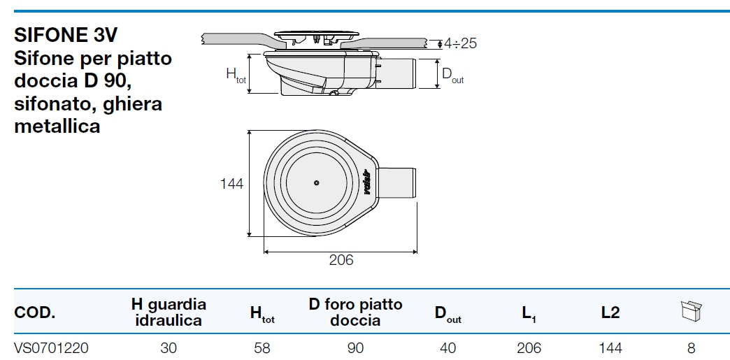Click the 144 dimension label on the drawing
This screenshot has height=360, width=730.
[231, 184]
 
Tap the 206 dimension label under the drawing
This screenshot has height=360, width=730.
[341, 260]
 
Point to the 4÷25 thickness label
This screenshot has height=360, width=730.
[460, 43]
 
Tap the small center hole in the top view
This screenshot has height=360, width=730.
[316, 183]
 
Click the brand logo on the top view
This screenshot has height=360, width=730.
[366, 183]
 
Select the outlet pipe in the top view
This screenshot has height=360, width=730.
[396, 183]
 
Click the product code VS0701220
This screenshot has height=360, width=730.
[51, 347]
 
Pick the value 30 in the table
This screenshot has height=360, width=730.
[169, 347]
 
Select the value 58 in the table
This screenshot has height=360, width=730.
[262, 347]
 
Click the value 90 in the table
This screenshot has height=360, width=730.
[355, 347]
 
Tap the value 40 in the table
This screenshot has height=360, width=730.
[448, 347]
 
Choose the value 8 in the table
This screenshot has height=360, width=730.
[690, 347]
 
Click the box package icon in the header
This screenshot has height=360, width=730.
[690, 312]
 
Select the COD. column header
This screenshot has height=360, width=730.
[34, 313]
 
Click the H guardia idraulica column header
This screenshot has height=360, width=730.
[169, 312]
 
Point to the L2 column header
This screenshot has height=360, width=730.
[610, 313]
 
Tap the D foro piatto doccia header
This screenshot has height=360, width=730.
[355, 312]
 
